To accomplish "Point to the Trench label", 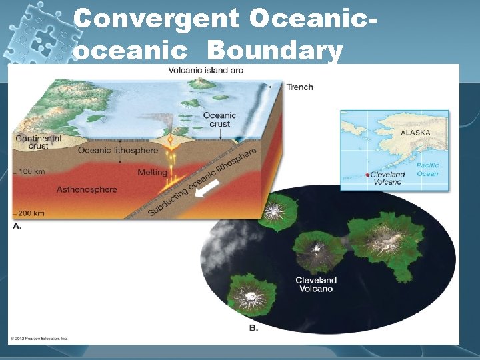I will pyautogui.click(x=299, y=87).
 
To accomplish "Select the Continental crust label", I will pyautogui.click(x=38, y=143).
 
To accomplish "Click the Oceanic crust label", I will pyautogui.click(x=220, y=119).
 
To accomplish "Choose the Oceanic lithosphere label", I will pyautogui.click(x=118, y=150).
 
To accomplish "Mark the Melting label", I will pyautogui.click(x=152, y=172).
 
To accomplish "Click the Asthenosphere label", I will pyautogui.click(x=87, y=189).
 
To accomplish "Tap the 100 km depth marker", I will pyautogui.click(x=31, y=172).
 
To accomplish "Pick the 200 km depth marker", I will pyautogui.click(x=31, y=213).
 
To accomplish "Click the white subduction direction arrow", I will pyautogui.click(x=207, y=191).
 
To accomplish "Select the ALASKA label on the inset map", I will pyautogui.click(x=415, y=132).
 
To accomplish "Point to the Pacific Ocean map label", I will pyautogui.click(x=427, y=169).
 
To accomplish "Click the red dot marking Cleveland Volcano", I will pyautogui.click(x=367, y=175).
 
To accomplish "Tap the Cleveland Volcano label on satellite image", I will pyautogui.click(x=316, y=285).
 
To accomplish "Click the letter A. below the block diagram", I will pyautogui.click(x=17, y=226).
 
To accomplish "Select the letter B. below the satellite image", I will pyautogui.click(x=253, y=327).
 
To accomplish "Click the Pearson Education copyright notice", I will pyautogui.click(x=39, y=339).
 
